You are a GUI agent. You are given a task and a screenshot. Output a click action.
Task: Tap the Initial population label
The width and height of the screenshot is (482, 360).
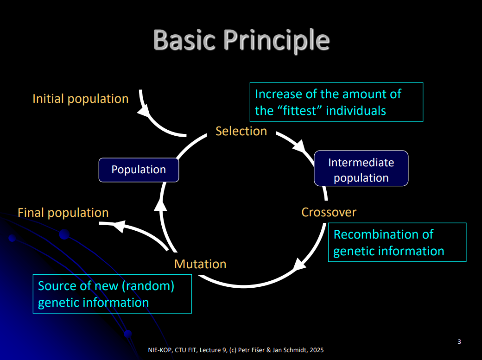coord(80,99)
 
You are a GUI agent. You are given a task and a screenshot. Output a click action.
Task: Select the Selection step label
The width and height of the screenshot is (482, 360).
coord(241,131)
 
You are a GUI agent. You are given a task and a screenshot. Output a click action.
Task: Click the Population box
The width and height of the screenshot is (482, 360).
coord(139,170)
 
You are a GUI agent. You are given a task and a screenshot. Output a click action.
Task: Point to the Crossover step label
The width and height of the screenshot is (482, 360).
coord(329,212)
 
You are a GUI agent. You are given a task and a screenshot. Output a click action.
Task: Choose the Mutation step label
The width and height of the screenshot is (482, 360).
coord(200,264)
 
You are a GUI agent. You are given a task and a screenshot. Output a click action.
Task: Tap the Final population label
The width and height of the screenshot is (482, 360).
coord(63,213)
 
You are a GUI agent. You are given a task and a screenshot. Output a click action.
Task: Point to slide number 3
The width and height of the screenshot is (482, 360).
coord(459,342)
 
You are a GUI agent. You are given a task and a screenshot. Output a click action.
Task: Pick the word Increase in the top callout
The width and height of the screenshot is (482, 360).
coord(277,94)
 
